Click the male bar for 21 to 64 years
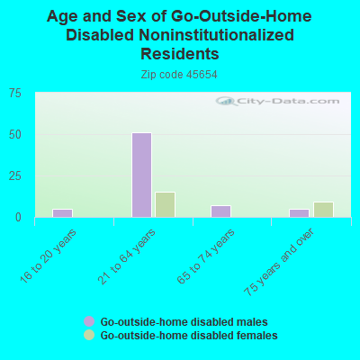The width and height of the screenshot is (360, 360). coord(141,175)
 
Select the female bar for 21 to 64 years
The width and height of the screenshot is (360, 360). coord(165,204)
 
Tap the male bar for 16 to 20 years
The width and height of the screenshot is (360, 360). coord(62,212)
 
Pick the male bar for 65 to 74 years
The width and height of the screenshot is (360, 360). coord(220,211)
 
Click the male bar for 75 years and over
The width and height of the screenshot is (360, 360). coord(299,212)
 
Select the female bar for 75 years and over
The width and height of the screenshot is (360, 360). coord(323,209)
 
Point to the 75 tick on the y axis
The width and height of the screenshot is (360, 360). coord(16,93)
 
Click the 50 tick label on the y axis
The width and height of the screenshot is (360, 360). coord(16,134)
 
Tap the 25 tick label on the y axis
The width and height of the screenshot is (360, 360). coord(16,175)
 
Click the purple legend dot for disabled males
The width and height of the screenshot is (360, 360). coord(89,321)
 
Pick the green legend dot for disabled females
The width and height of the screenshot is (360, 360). coord(89,335)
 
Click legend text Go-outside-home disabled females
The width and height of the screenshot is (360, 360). coord(189,335)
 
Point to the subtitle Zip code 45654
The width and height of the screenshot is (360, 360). coord(179,75)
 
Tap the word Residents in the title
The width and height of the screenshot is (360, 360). coord(179,54)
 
